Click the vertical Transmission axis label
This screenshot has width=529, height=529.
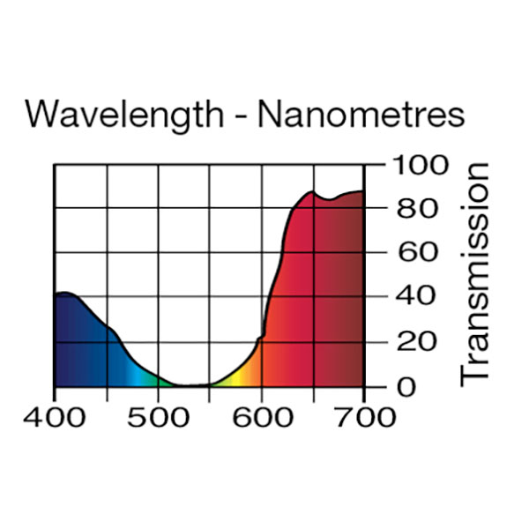pos(473,273)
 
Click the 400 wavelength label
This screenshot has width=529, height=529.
pos(55,418)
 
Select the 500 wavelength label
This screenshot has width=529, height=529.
pos(158,418)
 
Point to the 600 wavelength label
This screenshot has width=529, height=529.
pos(262,418)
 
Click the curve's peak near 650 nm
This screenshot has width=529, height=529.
pos(310,192)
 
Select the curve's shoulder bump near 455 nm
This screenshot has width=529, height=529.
pos(111,329)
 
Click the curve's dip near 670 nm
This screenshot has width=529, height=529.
pos(329,199)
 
